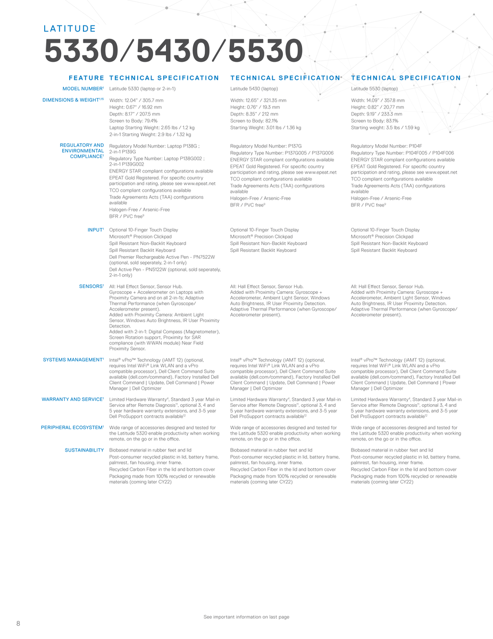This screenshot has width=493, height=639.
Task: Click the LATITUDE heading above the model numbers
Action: click(70, 29)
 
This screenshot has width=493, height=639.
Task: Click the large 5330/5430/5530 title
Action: click(173, 53)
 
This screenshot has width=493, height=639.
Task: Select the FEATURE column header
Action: click(86, 78)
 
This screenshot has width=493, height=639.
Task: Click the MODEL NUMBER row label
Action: click(83, 88)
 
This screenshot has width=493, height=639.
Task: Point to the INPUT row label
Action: click(95, 230)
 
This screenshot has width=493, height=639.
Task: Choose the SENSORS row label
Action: click(91, 286)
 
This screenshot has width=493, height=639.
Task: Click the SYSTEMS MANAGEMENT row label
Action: click(73, 360)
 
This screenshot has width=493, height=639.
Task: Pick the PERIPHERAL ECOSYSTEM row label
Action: click(72, 428)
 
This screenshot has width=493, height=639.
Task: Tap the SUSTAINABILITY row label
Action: click(84, 450)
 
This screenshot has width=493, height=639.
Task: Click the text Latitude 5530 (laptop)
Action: click(374, 88)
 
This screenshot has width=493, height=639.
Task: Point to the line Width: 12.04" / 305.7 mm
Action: click(136, 100)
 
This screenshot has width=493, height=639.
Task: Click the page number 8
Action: click(18, 624)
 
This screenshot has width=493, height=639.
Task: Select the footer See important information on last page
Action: click(246, 617)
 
